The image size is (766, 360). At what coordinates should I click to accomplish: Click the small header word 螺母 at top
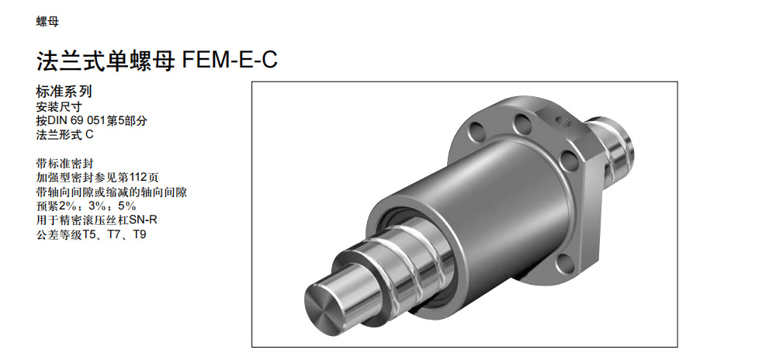[47, 22]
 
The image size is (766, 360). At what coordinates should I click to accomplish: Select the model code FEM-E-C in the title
[230, 60]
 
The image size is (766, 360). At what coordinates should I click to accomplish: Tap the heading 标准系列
[64, 92]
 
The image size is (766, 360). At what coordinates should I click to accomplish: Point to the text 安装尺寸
[59, 106]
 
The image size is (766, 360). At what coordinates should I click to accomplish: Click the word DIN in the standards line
[60, 121]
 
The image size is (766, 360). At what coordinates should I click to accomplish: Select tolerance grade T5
[91, 234]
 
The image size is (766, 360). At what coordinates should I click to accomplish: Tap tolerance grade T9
[140, 234]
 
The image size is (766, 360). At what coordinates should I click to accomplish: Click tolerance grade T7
[116, 234]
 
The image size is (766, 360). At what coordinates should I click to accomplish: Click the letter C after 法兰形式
[89, 135]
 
